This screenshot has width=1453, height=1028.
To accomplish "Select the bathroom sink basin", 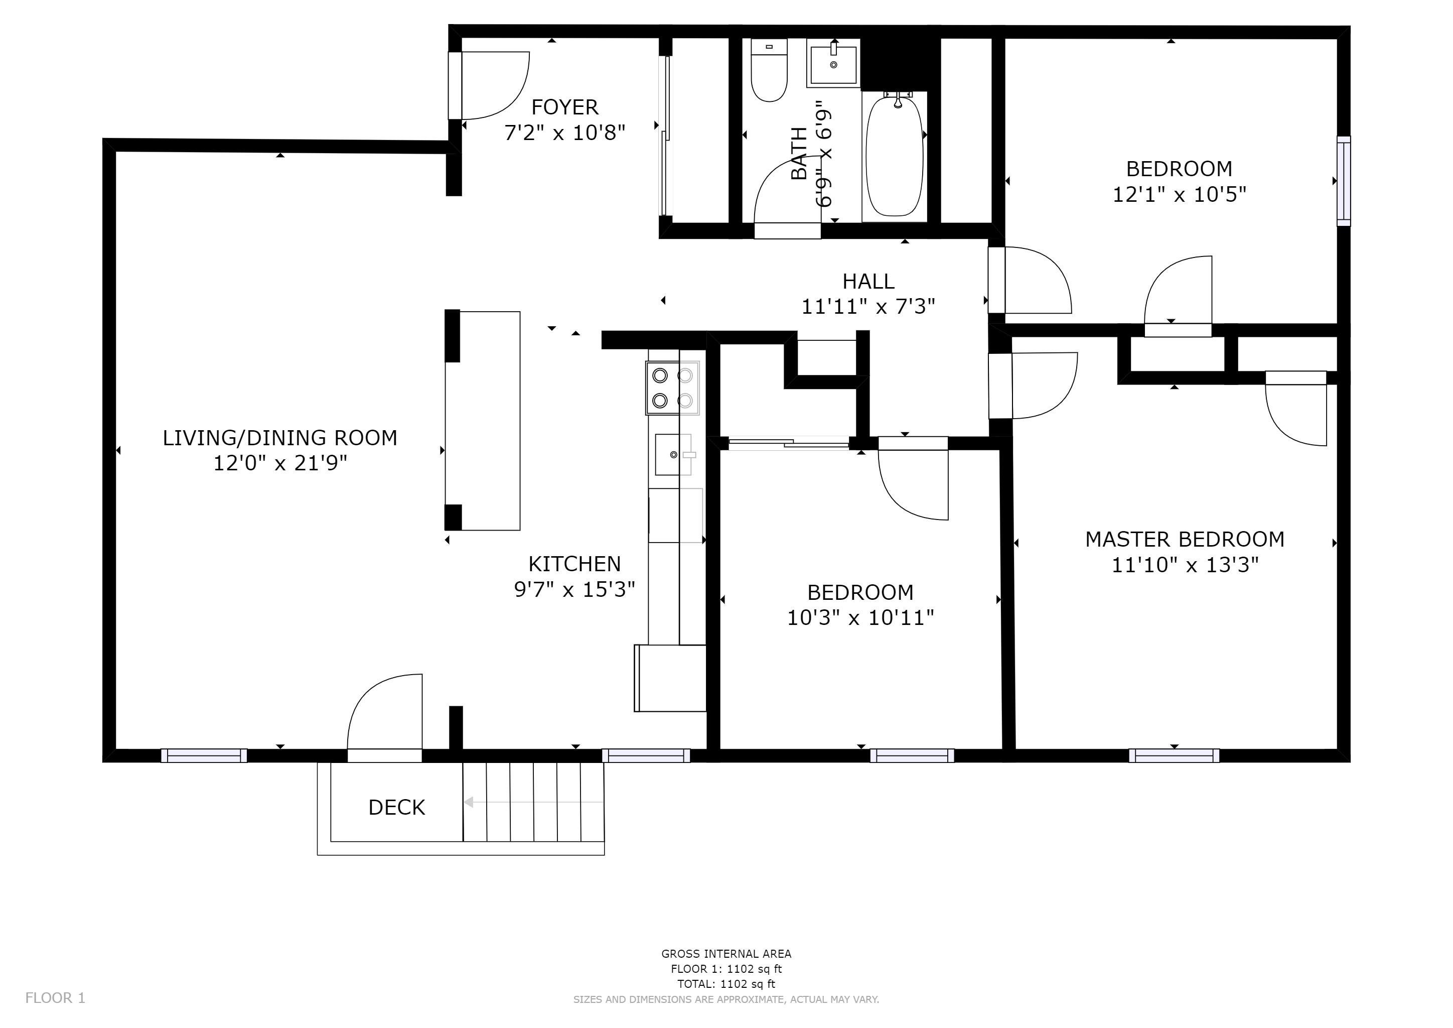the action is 833,63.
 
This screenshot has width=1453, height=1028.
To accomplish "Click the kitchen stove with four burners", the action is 672,388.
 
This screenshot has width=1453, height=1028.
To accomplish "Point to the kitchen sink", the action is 673,454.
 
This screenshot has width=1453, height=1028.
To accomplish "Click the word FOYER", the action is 564,107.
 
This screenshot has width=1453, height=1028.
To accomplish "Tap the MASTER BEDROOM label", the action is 1185,539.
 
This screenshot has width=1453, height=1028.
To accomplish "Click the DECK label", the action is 397,808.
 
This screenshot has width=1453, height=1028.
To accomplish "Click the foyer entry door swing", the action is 495,85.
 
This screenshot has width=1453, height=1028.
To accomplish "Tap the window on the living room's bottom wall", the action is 204,755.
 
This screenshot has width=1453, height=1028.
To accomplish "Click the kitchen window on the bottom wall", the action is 646,755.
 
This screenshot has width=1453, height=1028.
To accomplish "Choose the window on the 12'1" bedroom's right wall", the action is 1343,181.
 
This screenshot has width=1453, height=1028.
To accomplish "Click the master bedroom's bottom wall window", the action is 1174,755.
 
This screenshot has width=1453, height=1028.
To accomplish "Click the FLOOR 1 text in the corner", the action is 55,998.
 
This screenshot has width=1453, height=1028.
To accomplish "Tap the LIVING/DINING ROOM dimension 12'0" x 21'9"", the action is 280,463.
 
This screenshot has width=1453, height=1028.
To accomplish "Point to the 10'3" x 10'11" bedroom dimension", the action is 860,618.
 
